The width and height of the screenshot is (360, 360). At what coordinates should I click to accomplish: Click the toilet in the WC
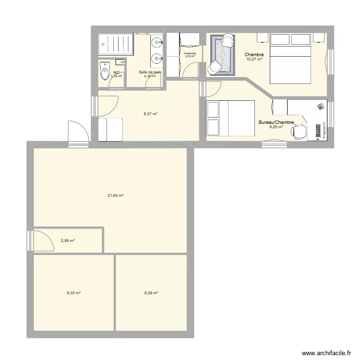point(104,72)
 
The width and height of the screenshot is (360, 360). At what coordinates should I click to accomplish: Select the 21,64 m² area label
point(116,195)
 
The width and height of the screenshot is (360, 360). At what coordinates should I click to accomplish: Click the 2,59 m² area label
point(68,240)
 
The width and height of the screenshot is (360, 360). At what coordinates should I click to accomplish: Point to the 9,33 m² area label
point(73,293)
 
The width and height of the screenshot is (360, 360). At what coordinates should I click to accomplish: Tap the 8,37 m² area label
point(150,114)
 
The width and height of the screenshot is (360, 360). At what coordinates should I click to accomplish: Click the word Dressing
point(190,53)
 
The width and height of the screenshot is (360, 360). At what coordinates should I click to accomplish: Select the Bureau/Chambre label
point(276,123)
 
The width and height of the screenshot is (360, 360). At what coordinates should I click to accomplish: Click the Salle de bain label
point(150,72)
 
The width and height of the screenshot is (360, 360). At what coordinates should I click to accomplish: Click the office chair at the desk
point(300,131)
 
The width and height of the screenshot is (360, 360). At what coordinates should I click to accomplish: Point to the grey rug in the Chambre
point(223,55)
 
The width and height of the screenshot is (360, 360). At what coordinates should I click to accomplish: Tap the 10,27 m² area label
point(254,60)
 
